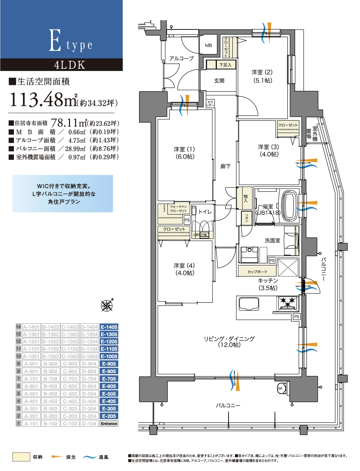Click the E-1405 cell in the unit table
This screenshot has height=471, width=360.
pyautogui.click(x=109, y=327)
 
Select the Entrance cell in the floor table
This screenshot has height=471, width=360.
pyautogui.click(x=109, y=424)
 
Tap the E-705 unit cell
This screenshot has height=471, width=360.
pyautogui.click(x=109, y=379)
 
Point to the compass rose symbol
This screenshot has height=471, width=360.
pyautogui.click(x=107, y=305)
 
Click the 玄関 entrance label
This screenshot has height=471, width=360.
pyautogui.click(x=219, y=81)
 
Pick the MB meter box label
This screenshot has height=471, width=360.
pyautogui.click(x=209, y=45)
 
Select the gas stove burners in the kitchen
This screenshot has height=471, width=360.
pyautogui.click(x=288, y=303)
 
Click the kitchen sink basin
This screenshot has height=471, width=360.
pyautogui.click(x=249, y=305)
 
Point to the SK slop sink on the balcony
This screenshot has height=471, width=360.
pyautogui.click(x=281, y=388)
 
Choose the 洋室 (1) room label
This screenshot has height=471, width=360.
pyautogui.click(x=184, y=153)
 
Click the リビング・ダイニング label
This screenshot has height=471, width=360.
pyautogui.click(x=229, y=342)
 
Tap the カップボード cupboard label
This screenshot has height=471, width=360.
pyautogui.click(x=257, y=272)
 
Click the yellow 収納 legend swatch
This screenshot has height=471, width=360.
pyautogui.click(x=21, y=457)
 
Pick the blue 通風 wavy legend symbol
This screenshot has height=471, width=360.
pyautogui.click(x=89, y=457)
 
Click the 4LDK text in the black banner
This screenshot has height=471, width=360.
pyautogui.click(x=69, y=65)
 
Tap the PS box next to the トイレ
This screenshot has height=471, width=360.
pyautogui.click(x=187, y=220)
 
